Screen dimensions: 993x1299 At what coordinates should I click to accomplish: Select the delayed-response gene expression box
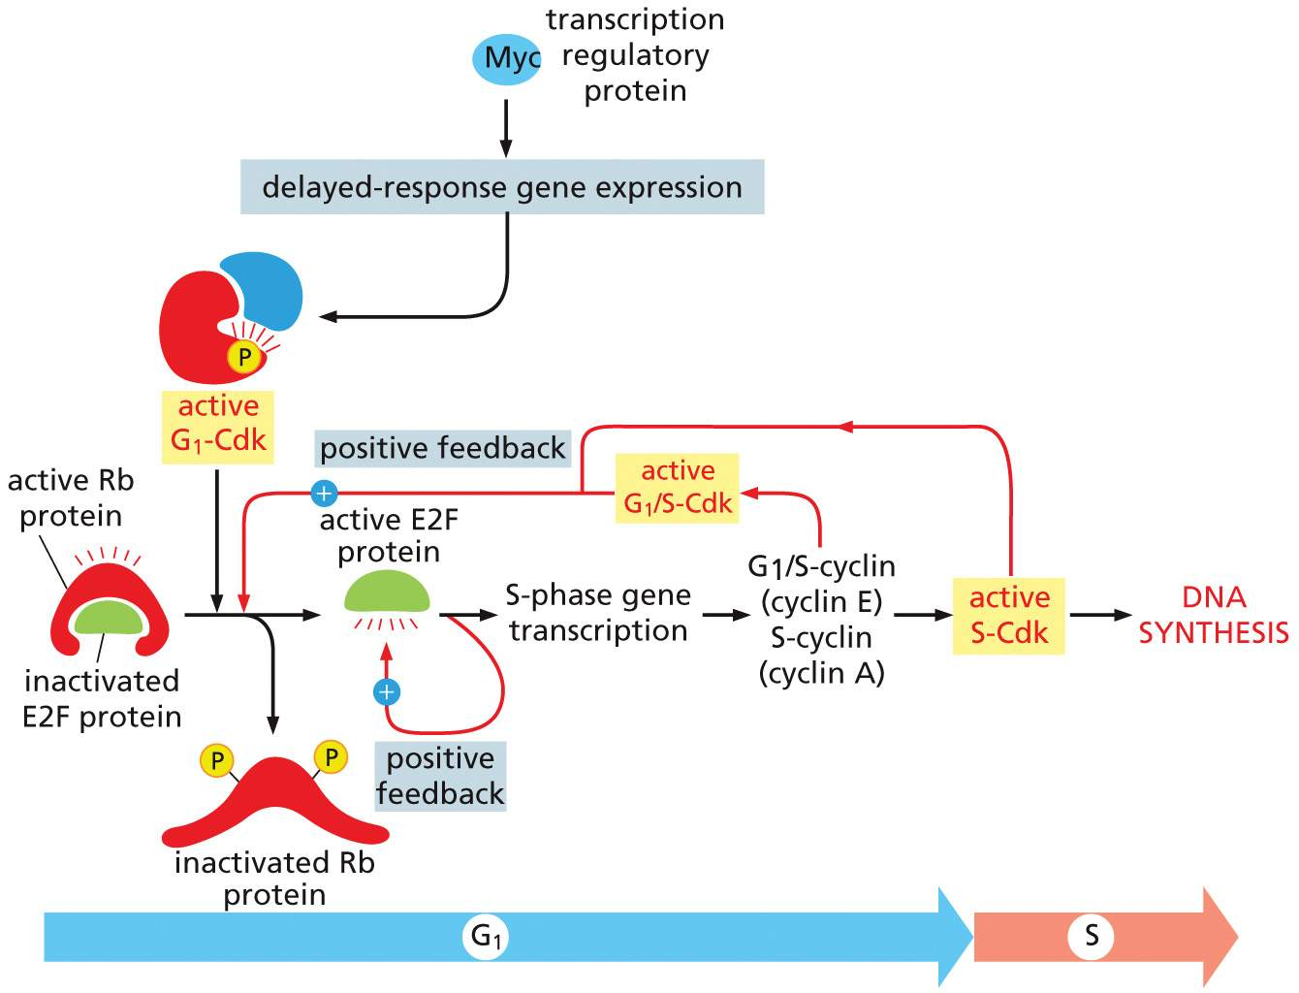coord(502,187)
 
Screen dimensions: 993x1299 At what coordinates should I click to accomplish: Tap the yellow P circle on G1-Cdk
coord(243,358)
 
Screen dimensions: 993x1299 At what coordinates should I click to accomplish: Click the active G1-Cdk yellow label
coord(218,424)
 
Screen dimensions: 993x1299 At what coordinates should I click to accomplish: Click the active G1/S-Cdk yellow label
coord(677,488)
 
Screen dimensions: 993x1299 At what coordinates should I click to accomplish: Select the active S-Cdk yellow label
coord(1008,616)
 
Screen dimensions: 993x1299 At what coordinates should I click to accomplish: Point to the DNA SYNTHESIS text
coord(1213,616)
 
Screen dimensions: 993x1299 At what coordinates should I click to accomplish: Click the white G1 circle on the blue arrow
coord(486,937)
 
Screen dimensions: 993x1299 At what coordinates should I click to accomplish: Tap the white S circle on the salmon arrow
coord(1092,936)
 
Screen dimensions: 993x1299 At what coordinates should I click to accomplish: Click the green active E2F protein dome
coord(387,593)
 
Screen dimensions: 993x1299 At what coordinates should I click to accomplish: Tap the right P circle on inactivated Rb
coord(331,757)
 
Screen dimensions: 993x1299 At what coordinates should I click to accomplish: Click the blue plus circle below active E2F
coord(386,691)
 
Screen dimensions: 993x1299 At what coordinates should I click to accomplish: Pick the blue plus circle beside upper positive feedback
coord(323,494)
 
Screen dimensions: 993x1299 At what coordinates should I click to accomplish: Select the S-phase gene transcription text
coord(598,613)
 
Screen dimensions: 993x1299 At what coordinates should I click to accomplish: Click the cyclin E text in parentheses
coord(821,602)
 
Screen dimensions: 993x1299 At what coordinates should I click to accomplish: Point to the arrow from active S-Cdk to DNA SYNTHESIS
coord(1099,615)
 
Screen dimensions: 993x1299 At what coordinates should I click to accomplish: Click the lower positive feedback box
coord(441,776)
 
